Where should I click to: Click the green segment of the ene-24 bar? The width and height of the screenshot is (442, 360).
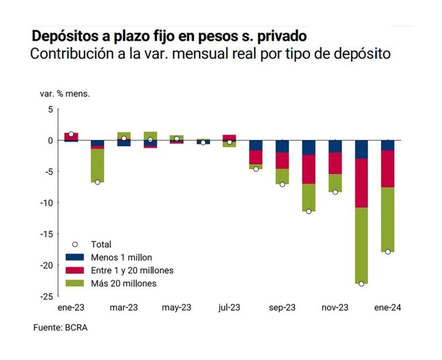[x=387, y=219]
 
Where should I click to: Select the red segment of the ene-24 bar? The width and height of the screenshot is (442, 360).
[x=387, y=168]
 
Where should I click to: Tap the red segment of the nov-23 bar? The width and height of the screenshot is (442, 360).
[x=335, y=163]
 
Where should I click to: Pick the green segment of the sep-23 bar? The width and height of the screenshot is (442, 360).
[x=282, y=176]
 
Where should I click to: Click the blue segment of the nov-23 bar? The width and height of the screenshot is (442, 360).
[x=335, y=146]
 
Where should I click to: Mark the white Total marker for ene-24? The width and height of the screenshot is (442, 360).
[x=387, y=252]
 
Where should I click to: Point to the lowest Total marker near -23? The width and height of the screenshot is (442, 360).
[x=361, y=284]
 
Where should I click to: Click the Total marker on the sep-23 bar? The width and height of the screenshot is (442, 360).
[x=282, y=185]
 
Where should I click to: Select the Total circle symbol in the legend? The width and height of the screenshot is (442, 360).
[x=75, y=244]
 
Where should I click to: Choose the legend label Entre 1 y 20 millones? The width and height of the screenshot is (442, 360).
[x=132, y=270]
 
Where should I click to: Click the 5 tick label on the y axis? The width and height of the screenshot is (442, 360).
[x=50, y=109]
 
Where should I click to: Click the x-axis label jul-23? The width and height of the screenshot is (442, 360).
[x=230, y=308]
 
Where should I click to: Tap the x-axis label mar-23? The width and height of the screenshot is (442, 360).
[x=124, y=308]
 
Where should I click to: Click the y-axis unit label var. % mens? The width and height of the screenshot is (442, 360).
[x=64, y=93]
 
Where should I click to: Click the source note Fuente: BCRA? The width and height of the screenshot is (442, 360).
[x=62, y=328]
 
